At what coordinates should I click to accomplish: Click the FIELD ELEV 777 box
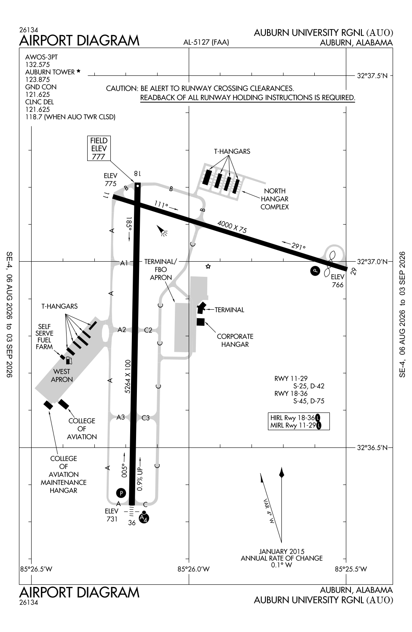[99, 148]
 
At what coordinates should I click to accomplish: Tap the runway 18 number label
[137, 174]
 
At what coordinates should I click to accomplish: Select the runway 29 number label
[353, 271]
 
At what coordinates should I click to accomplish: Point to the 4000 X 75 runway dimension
[232, 227]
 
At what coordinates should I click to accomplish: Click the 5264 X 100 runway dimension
[128, 376]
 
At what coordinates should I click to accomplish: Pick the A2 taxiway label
[122, 329]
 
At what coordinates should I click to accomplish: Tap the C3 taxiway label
[146, 418]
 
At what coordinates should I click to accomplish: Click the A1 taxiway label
[124, 263]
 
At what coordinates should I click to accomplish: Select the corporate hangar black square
[201, 322]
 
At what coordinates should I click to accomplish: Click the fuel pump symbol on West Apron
[69, 360]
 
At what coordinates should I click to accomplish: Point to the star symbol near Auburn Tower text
[78, 71]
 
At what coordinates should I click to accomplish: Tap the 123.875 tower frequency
[37, 80]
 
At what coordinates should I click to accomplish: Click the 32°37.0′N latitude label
[372, 262]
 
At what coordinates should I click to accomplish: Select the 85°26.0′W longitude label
[194, 569]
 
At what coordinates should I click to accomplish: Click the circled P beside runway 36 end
[121, 493]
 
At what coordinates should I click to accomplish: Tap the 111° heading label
[161, 204]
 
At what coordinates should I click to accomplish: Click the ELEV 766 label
[337, 281]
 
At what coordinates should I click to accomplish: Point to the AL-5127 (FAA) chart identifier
[206, 42]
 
